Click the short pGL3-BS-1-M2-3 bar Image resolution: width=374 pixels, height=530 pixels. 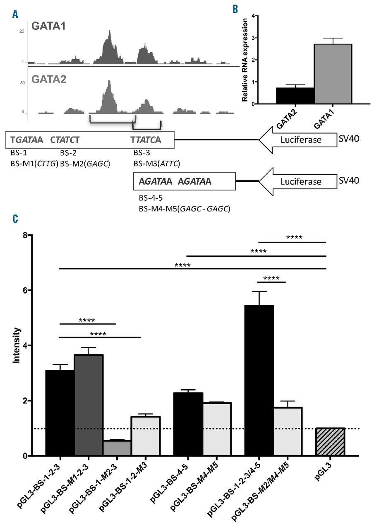point(117,448)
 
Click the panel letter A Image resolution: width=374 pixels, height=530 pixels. point(15,15)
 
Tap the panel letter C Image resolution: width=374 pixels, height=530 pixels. point(15,219)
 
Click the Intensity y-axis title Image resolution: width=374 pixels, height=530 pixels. point(16,345)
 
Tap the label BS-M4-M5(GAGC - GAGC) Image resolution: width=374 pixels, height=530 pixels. point(185,209)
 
